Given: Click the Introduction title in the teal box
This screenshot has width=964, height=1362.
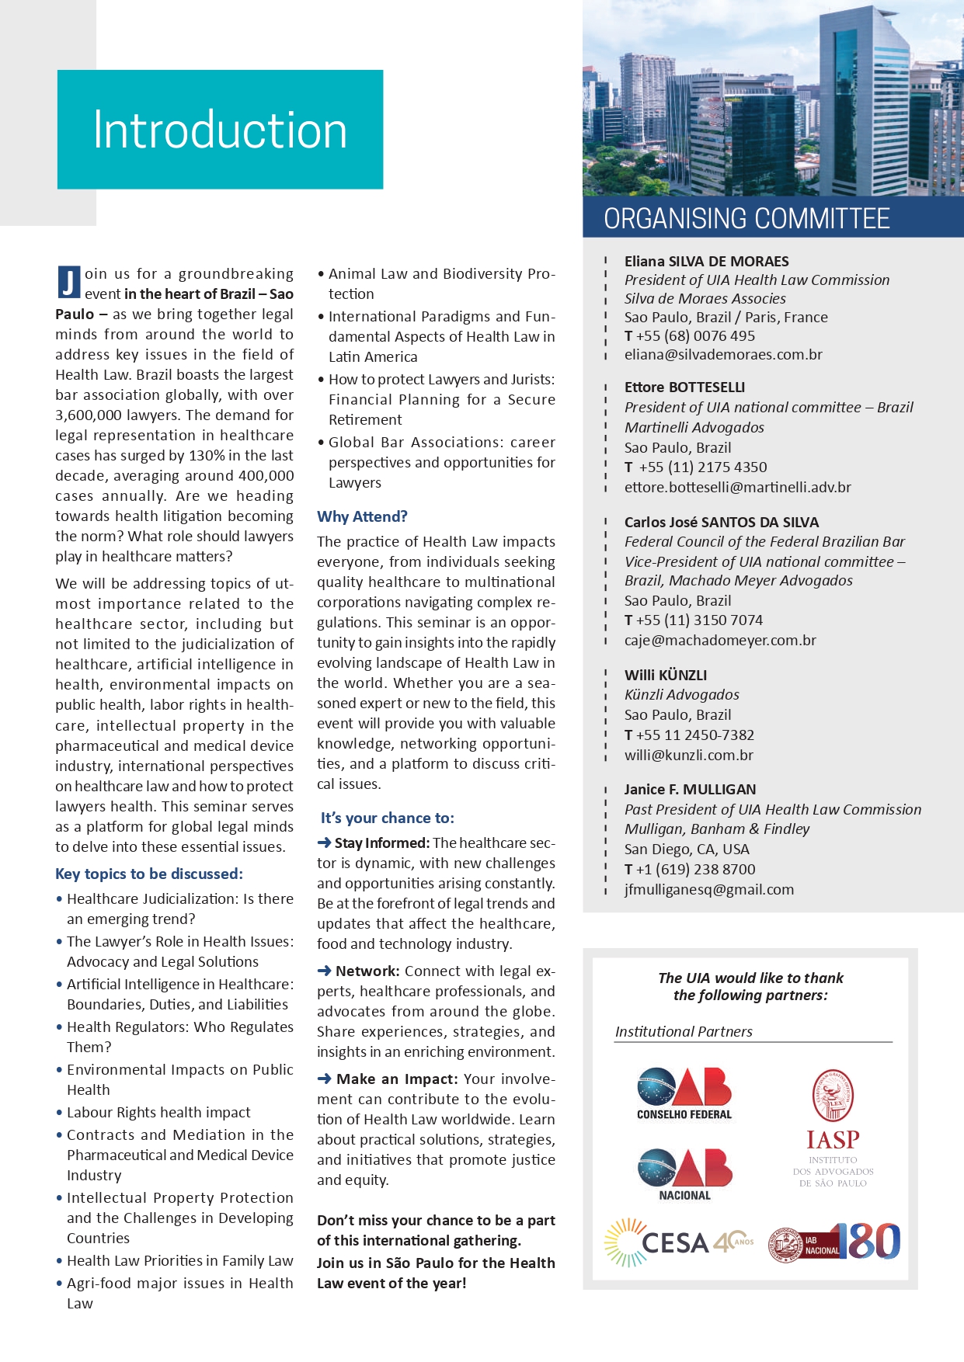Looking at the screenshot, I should (220, 130).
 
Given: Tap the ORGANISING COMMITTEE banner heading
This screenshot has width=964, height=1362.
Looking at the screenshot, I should (746, 219).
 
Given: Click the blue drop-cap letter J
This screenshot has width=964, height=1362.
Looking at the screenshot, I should (68, 282).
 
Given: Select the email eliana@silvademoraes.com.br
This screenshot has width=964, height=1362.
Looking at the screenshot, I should (723, 355).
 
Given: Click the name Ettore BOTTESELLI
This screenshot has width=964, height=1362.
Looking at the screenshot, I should (684, 387).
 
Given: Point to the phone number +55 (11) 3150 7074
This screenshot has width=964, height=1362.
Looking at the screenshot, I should (699, 620).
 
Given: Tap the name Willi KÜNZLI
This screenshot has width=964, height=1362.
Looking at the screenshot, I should (666, 675).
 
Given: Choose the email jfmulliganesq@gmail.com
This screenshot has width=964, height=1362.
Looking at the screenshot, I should (709, 890).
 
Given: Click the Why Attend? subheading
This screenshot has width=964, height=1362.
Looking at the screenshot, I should (362, 516).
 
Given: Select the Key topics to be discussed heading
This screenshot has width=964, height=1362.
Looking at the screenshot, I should (149, 874).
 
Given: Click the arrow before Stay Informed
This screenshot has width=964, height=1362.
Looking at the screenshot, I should (324, 843).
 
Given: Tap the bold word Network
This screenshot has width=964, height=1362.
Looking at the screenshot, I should (367, 971).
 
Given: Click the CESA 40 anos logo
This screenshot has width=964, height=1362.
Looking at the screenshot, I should (679, 1242).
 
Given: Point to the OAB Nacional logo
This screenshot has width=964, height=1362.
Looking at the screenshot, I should (684, 1173).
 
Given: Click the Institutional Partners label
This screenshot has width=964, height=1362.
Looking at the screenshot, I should (684, 1031).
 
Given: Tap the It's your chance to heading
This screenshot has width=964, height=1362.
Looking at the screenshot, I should (388, 818).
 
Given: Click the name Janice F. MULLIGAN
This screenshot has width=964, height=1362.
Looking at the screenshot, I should (690, 789).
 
